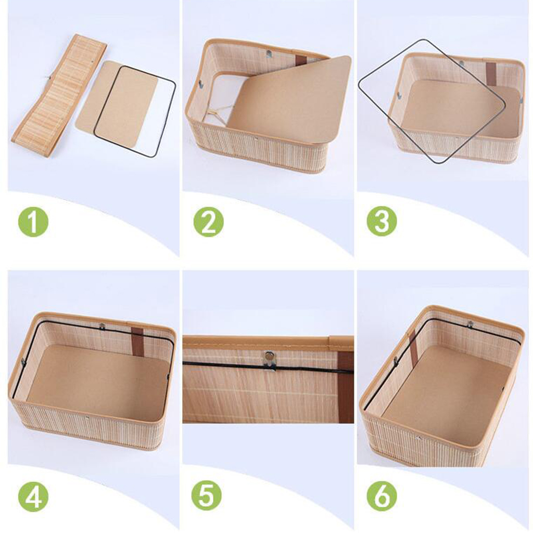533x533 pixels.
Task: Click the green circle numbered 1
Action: pos(33,222)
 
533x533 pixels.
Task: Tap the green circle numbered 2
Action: pos(208,222)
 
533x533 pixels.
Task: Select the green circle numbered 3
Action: pos(382,221)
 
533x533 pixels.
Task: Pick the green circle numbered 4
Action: pos(33,496)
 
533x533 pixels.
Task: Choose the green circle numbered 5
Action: pos(206,496)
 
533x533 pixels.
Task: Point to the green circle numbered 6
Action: pos(382,496)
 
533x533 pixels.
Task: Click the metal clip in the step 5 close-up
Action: pos(270,360)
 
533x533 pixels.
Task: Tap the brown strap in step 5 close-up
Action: pos(346,387)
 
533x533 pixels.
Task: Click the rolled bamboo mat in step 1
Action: pos(59,97)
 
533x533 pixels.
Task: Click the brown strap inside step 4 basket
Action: pos(137,341)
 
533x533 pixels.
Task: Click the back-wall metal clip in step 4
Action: pos(101,327)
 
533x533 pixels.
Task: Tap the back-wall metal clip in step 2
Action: pos(269,54)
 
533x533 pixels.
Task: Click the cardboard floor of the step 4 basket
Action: pos(98,384)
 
